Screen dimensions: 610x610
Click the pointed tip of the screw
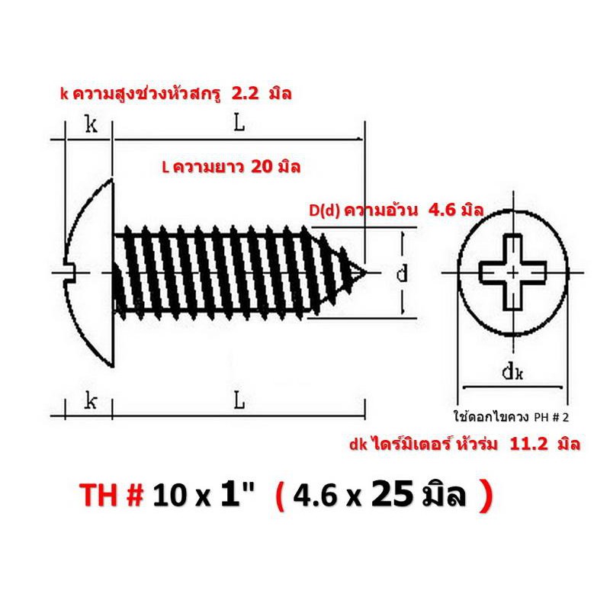(x=365, y=272)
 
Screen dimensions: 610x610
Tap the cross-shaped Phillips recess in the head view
(x=512, y=272)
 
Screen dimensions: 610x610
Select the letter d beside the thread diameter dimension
(x=402, y=273)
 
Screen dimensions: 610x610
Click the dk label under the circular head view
(x=512, y=372)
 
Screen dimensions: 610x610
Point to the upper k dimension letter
(x=91, y=125)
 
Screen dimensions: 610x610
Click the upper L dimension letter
(x=239, y=124)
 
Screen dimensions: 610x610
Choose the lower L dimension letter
(x=239, y=401)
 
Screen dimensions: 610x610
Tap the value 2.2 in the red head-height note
(x=245, y=94)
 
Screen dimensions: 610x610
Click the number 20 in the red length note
(x=262, y=166)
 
